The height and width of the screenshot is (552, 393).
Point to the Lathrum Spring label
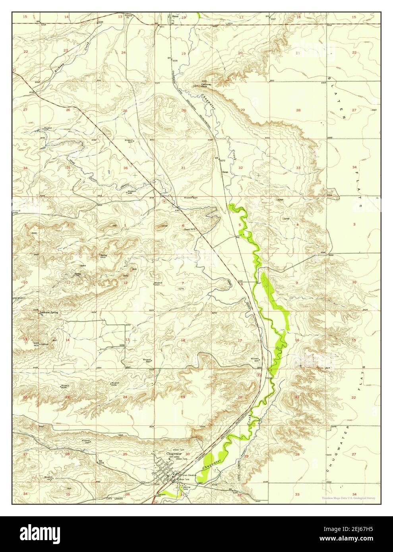pyautogui.click(x=49, y=313)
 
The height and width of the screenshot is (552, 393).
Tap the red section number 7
pyautogui.click(x=183, y=283)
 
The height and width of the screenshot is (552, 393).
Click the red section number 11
pyautogui.click(x=68, y=282)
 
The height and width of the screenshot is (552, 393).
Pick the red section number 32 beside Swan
pyautogui.click(x=241, y=168)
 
